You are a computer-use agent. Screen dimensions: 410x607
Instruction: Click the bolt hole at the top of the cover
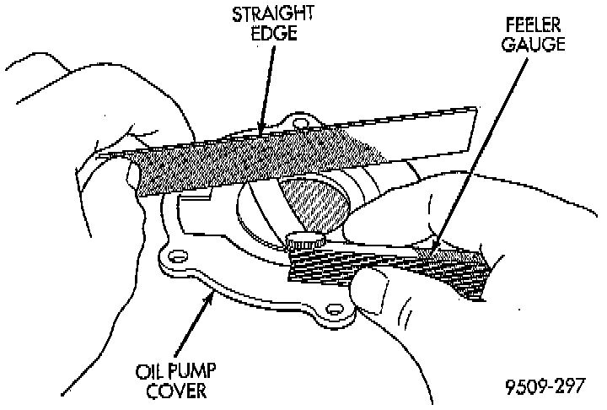297,125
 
